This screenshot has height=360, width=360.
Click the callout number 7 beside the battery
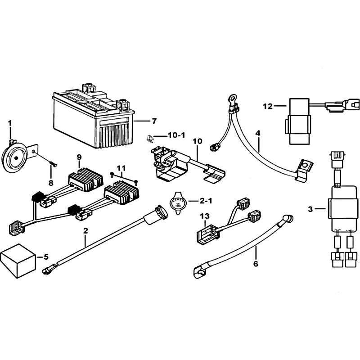(154, 121)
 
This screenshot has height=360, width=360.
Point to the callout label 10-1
(176, 135)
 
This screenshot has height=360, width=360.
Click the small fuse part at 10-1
(149, 139)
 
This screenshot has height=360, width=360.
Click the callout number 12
(268, 106)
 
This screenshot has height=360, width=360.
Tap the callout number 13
(205, 216)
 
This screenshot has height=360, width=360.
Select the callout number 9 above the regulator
(79, 157)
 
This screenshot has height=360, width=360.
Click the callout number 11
(121, 168)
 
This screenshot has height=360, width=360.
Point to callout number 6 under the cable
(256, 264)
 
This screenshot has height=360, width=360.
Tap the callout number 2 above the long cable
(85, 231)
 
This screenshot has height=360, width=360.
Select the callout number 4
(258, 133)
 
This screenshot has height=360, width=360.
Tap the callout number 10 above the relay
(198, 141)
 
